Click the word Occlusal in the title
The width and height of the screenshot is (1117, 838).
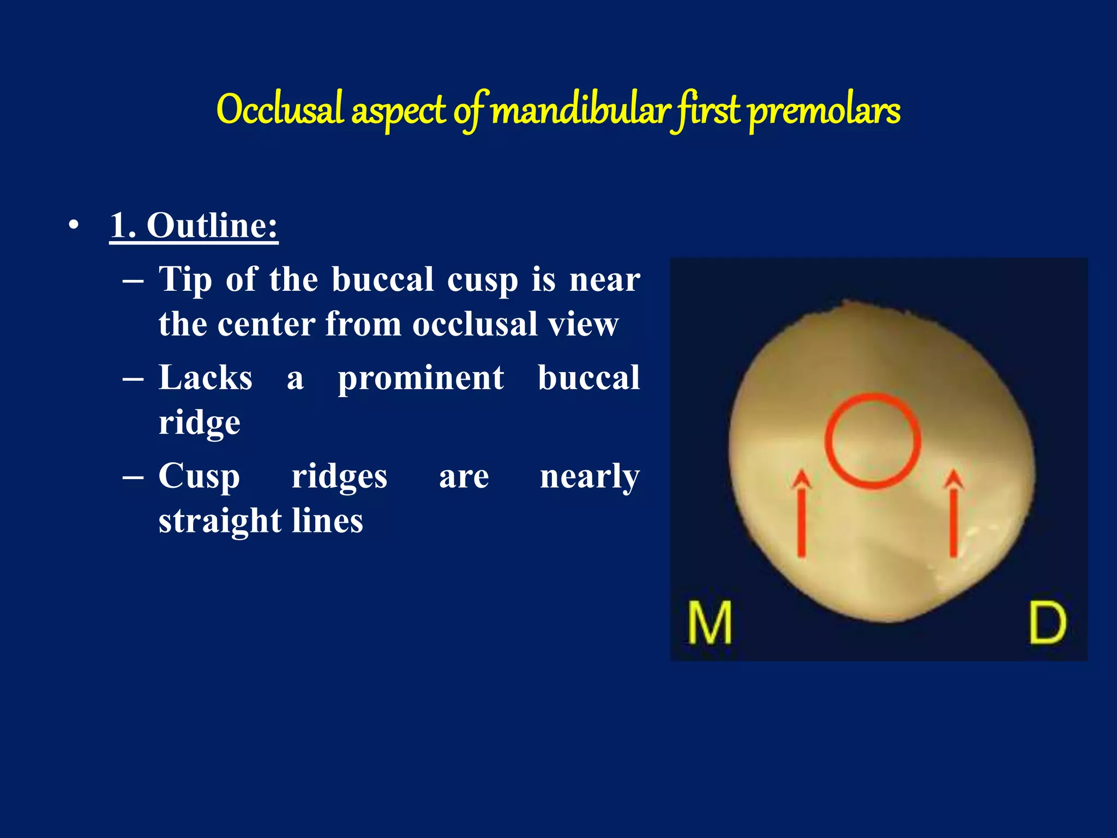tap(280, 110)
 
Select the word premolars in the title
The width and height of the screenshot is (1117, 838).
tap(824, 111)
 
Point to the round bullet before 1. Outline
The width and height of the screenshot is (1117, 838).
tap(74, 225)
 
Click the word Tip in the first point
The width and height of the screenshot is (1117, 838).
tap(185, 280)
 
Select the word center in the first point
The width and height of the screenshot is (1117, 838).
tap(266, 324)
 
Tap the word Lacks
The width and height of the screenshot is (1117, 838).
tap(205, 378)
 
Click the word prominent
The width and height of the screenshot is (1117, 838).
tap(421, 378)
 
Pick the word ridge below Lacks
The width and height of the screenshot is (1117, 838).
tap(199, 423)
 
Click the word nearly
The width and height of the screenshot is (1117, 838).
tap(590, 476)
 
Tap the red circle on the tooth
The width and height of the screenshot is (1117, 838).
tap(873, 440)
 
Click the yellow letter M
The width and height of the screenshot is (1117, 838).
tap(709, 622)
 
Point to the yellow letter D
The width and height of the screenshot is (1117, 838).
tap(1047, 622)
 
